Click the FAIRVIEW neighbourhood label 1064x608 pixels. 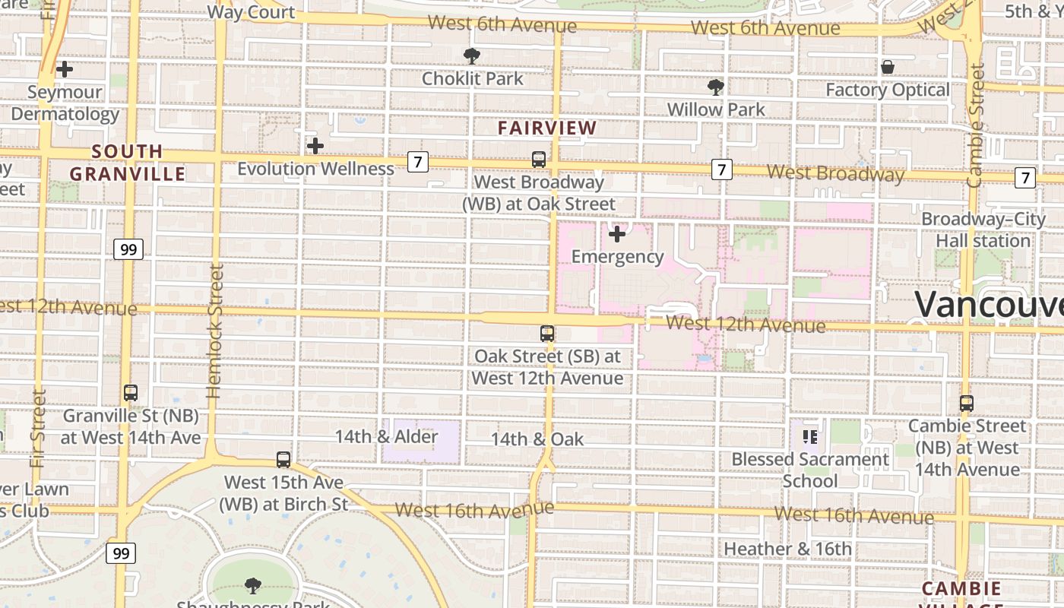tap(547, 128)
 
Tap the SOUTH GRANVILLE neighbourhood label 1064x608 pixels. tap(127, 162)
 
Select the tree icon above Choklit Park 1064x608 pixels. tap(472, 55)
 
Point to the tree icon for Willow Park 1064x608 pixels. tap(715, 87)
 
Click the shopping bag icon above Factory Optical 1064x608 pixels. tap(887, 68)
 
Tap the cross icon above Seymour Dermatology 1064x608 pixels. tap(65, 69)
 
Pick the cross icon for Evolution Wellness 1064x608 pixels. tap(315, 145)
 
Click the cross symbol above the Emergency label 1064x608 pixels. tap(617, 233)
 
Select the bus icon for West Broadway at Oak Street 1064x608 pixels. tap(539, 160)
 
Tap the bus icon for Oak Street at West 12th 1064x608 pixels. tap(546, 333)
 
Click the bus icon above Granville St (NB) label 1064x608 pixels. tap(131, 393)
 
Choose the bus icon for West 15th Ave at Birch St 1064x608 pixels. tap(283, 459)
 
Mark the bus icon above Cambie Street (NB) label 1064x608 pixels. tap(966, 404)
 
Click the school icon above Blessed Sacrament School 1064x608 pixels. tap(809, 436)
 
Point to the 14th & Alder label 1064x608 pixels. tap(386, 436)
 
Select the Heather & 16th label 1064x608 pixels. tap(787, 549)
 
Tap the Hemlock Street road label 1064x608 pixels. tap(215, 331)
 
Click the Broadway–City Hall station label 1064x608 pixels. tap(983, 230)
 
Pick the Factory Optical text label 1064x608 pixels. tap(887, 90)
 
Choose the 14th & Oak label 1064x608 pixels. tap(537, 439)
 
